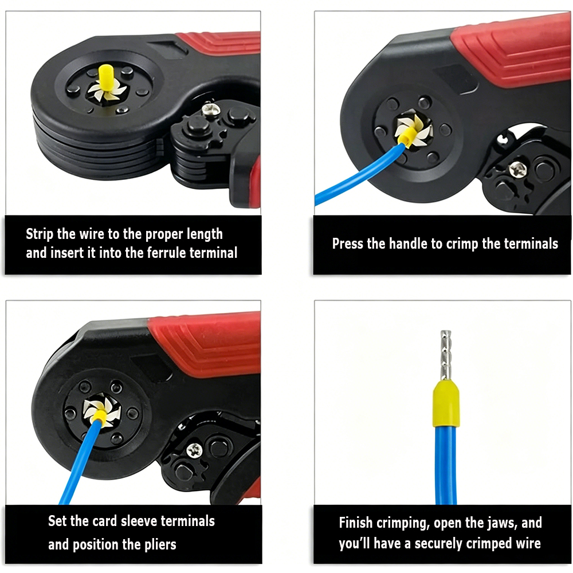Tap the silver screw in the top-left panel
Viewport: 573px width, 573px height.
point(209,108)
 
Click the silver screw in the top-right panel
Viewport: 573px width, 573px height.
point(518,169)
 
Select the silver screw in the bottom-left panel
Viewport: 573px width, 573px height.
point(194,450)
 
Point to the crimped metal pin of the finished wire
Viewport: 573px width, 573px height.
point(446,356)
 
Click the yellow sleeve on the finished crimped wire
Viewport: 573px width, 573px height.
point(445,403)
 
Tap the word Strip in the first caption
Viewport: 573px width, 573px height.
point(40,234)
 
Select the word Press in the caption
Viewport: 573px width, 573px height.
point(348,244)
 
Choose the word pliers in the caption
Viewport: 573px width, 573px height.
point(160,545)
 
